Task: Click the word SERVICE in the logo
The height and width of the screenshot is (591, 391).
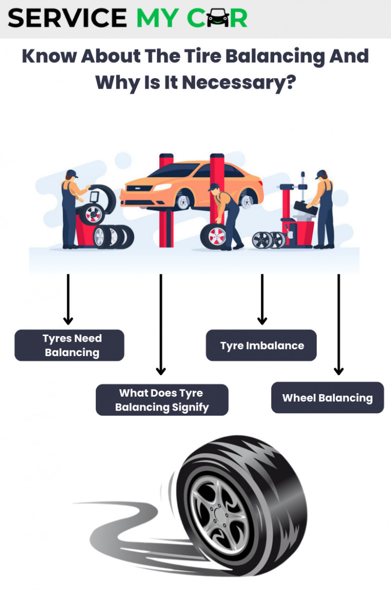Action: click(67, 18)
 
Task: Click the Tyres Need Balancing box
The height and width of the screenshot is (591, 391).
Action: click(70, 345)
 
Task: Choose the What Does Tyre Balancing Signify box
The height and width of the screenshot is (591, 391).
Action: click(162, 400)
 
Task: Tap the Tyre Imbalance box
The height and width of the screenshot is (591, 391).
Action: click(261, 345)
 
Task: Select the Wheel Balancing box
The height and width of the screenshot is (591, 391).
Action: click(328, 398)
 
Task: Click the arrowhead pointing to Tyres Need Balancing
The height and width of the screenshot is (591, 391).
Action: click(68, 321)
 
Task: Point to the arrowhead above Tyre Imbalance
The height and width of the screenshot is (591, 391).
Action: click(262, 321)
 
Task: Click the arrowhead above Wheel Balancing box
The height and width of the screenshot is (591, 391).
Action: click(339, 371)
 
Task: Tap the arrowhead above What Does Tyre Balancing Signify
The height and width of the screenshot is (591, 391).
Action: click(161, 371)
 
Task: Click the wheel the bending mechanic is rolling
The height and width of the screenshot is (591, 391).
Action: click(214, 236)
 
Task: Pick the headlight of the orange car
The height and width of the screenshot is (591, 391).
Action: click(162, 187)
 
